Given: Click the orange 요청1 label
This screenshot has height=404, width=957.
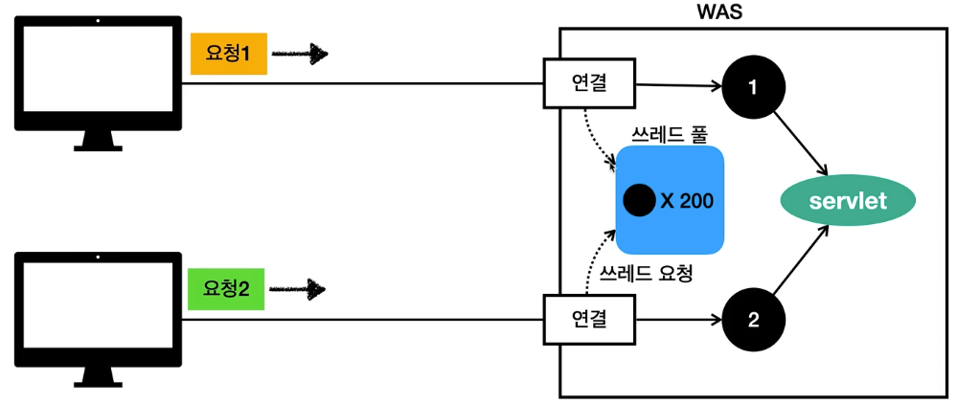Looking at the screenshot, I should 228,55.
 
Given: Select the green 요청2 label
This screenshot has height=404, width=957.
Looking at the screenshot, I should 227,289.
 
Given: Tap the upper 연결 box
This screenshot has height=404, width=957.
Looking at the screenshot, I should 589,84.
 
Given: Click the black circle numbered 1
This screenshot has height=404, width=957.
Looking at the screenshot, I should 752,87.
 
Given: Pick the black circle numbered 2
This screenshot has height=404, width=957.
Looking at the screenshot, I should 752,321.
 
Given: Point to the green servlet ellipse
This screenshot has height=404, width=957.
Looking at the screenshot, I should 848,202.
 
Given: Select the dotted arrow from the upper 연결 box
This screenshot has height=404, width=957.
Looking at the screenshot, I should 596,137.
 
